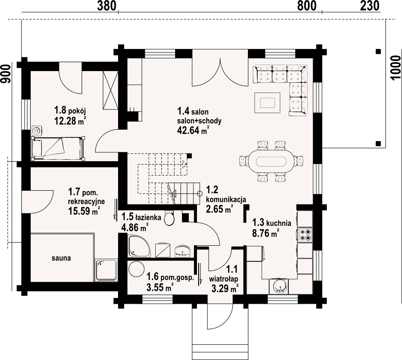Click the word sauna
(61, 258)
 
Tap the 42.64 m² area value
(192, 131)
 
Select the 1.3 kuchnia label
(271, 223)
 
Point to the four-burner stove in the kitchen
(305, 235)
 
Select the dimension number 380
(107, 6)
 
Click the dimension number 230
(370, 6)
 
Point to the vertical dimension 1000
(396, 68)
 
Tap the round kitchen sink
(279, 286)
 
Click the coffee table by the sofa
(267, 102)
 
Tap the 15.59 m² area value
(84, 211)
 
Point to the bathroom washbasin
(182, 251)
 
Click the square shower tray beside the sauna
(106, 270)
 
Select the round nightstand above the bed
(36, 131)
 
